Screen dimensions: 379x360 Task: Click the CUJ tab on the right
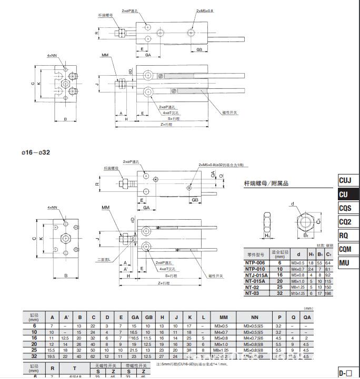tap(345, 180)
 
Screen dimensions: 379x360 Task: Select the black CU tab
tap(345, 194)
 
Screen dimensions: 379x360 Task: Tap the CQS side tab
tap(345, 208)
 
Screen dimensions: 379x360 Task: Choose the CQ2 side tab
tap(345, 222)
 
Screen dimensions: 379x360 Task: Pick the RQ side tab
tap(345, 235)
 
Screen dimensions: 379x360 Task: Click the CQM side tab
tap(345, 249)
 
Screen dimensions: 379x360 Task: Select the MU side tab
tap(345, 263)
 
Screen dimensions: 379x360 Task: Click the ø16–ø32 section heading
tap(36, 152)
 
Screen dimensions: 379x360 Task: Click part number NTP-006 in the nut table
tap(255, 262)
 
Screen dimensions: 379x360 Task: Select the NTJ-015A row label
tap(256, 274)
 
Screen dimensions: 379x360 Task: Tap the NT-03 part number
tap(253, 293)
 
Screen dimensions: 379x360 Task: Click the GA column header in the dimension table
tap(135, 317)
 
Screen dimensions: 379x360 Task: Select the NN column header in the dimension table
tap(255, 317)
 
